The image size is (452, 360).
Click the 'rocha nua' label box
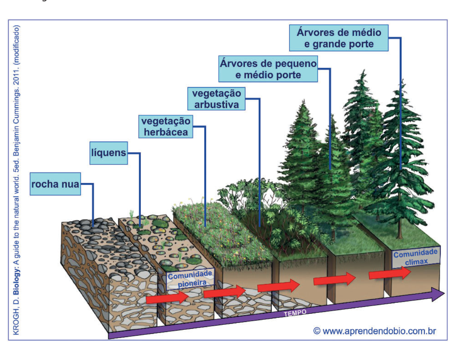coord(55,184)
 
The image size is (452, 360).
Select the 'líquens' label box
coord(109,153)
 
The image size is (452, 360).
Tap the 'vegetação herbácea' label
coord(166,127)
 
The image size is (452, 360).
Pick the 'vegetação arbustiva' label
coord(216,99)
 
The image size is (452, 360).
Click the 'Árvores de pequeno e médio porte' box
coord(268,69)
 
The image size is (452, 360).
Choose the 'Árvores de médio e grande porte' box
coord(339,38)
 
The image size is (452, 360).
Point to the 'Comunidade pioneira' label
coord(190,279)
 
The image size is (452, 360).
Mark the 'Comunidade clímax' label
coord(416,257)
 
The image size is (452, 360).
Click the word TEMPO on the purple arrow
coord(295,313)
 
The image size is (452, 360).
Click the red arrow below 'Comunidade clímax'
coord(390,273)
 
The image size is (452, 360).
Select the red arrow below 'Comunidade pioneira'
coord(167,297)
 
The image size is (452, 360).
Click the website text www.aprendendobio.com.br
coord(379,331)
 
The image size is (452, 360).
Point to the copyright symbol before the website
coord(317,331)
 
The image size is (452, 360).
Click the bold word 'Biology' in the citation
coord(16,281)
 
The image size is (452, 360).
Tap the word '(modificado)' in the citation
coord(16,45)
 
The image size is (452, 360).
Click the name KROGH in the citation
coord(16,324)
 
